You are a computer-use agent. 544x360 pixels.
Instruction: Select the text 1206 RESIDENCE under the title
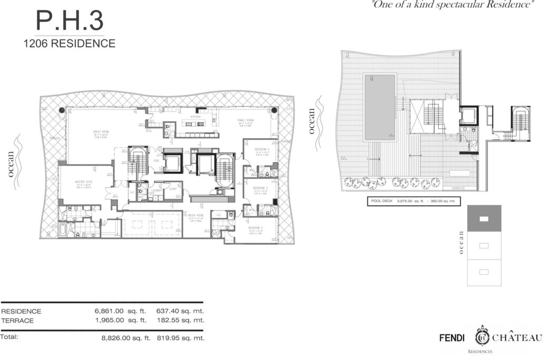pyautogui.click(x=69, y=44)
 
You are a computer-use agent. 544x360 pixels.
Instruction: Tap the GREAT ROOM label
pyautogui.click(x=100, y=132)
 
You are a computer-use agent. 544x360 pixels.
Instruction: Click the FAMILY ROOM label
pyautogui.click(x=246, y=120)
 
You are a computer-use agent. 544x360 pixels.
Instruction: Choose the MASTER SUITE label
pyautogui.click(x=83, y=181)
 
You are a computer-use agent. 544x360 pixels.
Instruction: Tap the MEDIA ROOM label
pyautogui.click(x=195, y=216)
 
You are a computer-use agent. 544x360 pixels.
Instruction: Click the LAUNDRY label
pyautogui.click(x=156, y=189)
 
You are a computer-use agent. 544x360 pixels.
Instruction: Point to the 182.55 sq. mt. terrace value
pyautogui.click(x=180, y=320)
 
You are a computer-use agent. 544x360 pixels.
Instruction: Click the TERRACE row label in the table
pyautogui.click(x=18, y=320)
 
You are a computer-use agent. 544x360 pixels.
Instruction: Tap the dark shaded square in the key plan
pyautogui.click(x=484, y=218)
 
